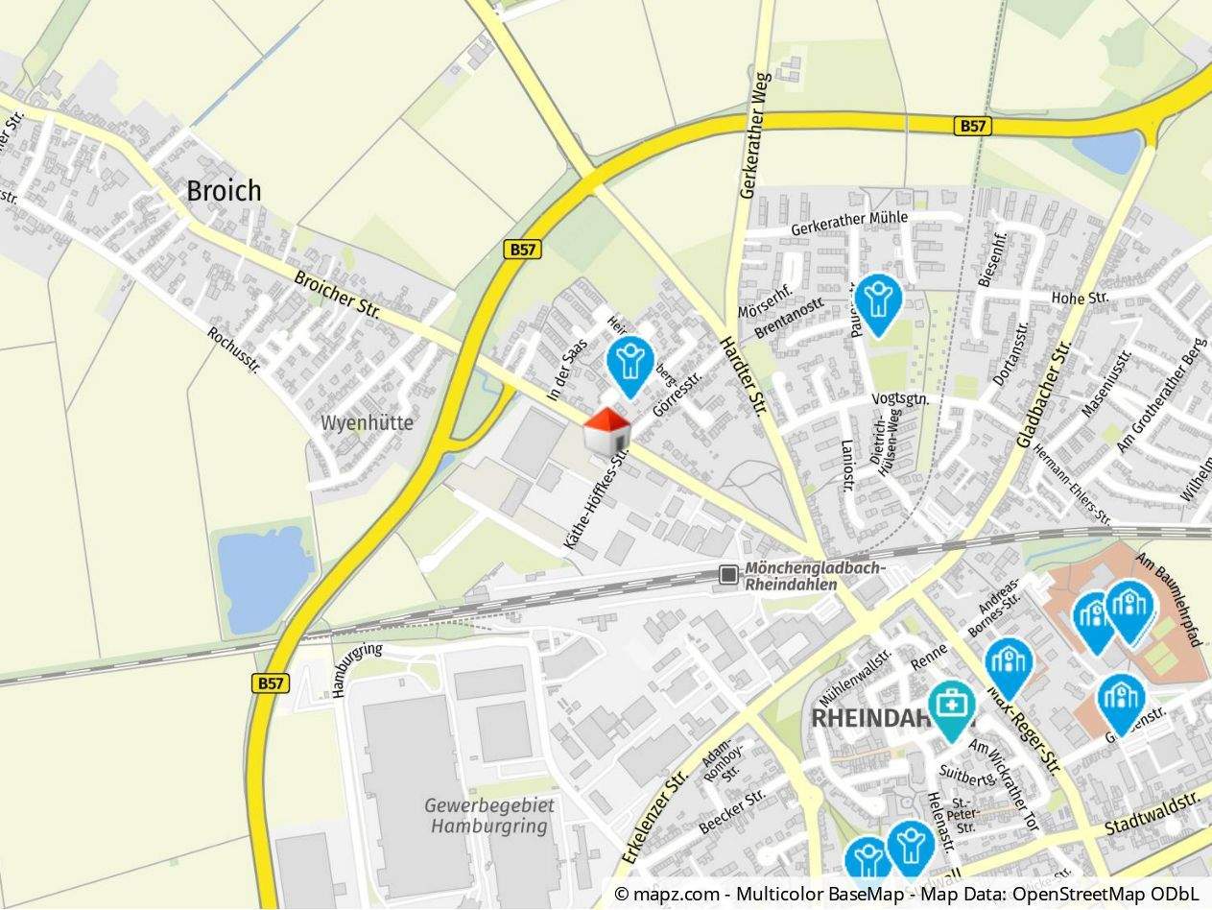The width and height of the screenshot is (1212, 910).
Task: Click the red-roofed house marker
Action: pyautogui.click(x=607, y=431)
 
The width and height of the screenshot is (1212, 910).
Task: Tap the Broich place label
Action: pyautogui.click(x=224, y=190)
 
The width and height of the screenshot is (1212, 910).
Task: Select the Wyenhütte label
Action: pyautogui.click(x=367, y=422)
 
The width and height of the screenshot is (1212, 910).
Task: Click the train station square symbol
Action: pyautogui.click(x=729, y=574)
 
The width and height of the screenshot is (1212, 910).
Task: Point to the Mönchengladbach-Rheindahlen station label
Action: pyautogui.click(x=812, y=576)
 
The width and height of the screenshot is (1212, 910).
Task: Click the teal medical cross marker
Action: pyautogui.click(x=951, y=707)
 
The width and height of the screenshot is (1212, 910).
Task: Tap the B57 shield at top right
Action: pyautogui.click(x=974, y=126)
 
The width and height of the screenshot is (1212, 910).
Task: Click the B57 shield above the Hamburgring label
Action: pyautogui.click(x=272, y=683)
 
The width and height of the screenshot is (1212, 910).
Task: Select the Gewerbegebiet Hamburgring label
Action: pyautogui.click(x=489, y=815)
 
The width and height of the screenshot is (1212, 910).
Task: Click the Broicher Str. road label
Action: pyautogui.click(x=338, y=295)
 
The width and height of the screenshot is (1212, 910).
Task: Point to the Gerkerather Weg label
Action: pyautogui.click(x=754, y=134)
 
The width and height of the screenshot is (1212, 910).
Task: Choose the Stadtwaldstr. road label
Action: pyautogui.click(x=1153, y=814)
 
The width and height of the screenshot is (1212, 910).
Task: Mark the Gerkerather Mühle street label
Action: pyautogui.click(x=849, y=224)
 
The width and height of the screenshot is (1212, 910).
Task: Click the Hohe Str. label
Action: pyautogui.click(x=1080, y=298)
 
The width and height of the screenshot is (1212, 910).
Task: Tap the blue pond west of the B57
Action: pyautogui.click(x=265, y=578)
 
